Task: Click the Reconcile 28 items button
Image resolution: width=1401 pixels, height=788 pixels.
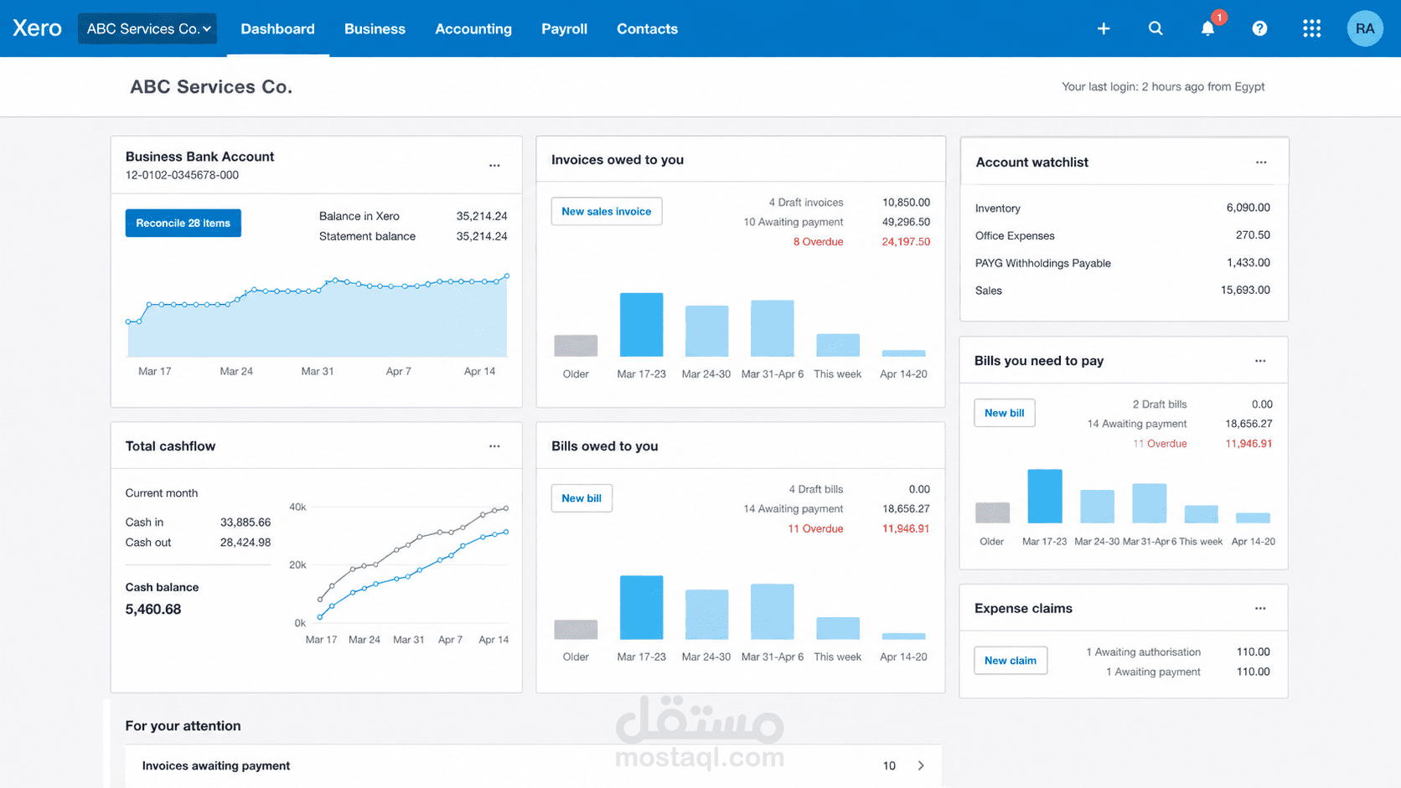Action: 184,223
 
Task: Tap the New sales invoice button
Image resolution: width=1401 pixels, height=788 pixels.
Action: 606,211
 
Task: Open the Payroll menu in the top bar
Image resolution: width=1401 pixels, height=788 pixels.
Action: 564,28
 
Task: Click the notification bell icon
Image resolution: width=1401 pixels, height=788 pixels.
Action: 1207,28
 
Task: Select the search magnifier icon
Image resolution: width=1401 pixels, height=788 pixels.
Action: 1155,28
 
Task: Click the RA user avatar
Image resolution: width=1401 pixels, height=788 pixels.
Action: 1365,28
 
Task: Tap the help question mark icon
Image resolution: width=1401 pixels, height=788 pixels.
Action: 1259,28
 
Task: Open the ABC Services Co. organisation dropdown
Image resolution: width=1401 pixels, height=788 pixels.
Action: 147,28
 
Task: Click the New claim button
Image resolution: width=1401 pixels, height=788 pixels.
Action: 1010,661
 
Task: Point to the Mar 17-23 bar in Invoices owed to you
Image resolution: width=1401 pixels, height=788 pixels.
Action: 641,325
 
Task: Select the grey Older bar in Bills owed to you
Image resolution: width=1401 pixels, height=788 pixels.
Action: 576,629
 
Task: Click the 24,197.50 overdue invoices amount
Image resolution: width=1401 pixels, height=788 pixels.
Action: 906,242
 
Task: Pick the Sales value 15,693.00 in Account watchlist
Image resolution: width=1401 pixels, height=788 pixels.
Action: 1245,290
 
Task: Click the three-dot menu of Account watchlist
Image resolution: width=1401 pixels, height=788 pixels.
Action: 1261,162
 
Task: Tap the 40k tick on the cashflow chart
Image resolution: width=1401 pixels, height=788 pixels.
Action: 297,507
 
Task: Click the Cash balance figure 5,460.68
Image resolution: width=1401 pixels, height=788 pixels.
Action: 153,610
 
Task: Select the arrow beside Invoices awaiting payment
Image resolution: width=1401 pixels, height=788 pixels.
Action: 921,765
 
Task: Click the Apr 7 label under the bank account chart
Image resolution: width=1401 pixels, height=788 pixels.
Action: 398,371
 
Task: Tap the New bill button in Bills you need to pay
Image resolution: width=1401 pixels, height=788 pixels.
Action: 1004,413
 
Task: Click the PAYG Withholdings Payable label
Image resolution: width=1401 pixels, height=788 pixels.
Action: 1042,263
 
